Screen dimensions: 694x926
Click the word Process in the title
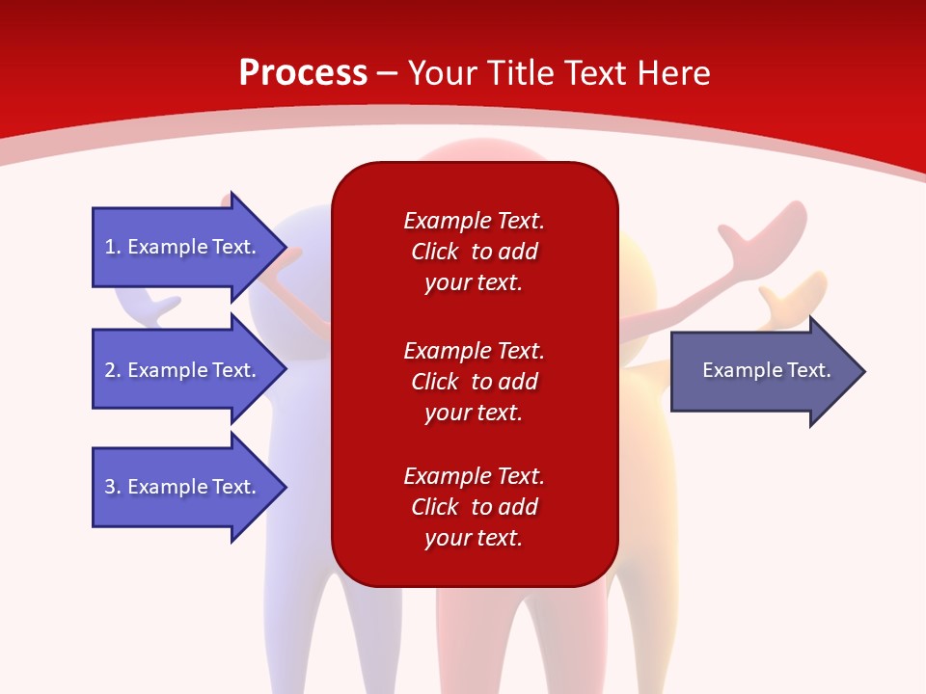pos(303,73)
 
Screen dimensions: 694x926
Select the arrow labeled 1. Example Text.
pos(183,247)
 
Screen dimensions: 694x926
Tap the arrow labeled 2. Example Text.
pos(183,370)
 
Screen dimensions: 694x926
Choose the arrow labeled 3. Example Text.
pos(183,487)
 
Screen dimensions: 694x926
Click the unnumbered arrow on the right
pos(762,371)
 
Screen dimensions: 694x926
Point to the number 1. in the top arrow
pos(113,247)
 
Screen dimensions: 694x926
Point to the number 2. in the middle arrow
pos(113,370)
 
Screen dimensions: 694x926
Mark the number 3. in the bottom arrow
pos(113,487)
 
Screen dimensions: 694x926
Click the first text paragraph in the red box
pos(474,252)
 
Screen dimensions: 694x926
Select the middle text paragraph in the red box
pos(474,382)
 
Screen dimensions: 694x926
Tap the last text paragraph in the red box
pos(474,507)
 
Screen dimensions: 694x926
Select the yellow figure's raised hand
pos(796,294)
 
